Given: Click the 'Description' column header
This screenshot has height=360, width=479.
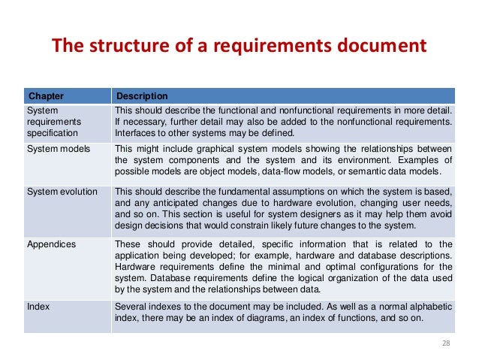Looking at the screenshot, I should click(x=141, y=96).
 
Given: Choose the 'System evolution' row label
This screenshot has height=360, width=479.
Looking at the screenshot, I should click(x=62, y=192).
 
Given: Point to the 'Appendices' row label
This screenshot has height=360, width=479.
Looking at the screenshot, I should click(x=51, y=244).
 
